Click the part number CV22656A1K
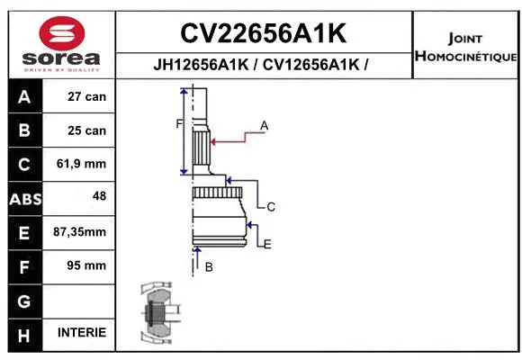click(x=263, y=33)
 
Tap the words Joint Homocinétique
click(x=465, y=48)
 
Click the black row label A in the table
click(x=24, y=96)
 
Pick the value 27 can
click(x=86, y=96)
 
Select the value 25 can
click(x=86, y=130)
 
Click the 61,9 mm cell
click(x=81, y=164)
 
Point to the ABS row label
click(x=24, y=198)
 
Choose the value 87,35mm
click(x=80, y=231)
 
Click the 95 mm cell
click(x=87, y=265)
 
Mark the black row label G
click(x=24, y=300)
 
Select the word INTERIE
click(x=82, y=332)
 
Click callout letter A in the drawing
click(x=265, y=125)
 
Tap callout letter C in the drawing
click(x=271, y=206)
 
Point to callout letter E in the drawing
click(x=267, y=243)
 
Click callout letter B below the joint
click(x=209, y=266)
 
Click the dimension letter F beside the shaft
click(x=178, y=123)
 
